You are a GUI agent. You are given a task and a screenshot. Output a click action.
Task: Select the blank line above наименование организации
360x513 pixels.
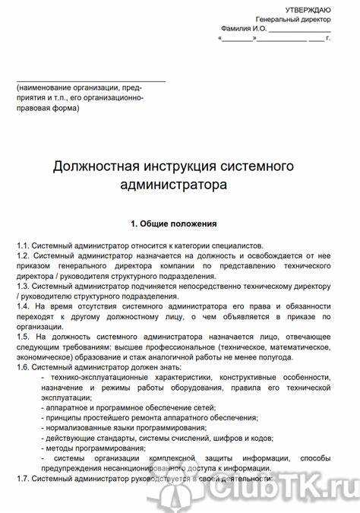(91, 80)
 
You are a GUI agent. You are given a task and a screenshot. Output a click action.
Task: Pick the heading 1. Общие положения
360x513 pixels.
(174, 224)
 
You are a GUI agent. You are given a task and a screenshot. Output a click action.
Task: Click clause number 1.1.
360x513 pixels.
(24, 245)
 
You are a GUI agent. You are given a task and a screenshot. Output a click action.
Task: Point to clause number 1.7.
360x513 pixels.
(24, 480)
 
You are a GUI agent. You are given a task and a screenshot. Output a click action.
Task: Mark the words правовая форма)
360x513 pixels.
(47, 108)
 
